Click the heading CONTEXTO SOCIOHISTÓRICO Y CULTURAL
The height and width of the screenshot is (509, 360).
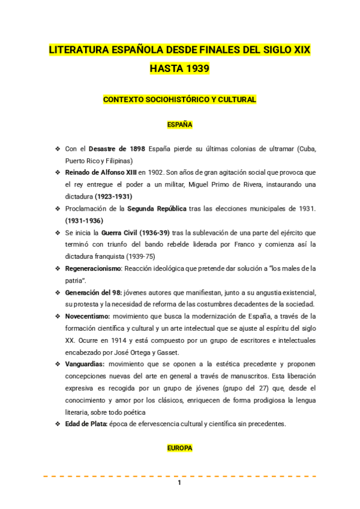(179, 99)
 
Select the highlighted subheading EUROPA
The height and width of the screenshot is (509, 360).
(179, 448)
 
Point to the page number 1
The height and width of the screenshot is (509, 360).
(179, 483)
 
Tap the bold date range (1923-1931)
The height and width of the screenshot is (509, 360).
(113, 196)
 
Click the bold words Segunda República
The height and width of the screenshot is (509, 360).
(157, 208)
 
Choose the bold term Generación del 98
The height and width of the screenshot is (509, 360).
(93, 292)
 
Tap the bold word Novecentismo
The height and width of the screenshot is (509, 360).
(87, 316)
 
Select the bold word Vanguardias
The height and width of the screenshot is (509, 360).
(85, 364)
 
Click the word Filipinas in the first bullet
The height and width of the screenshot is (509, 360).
(118, 160)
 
